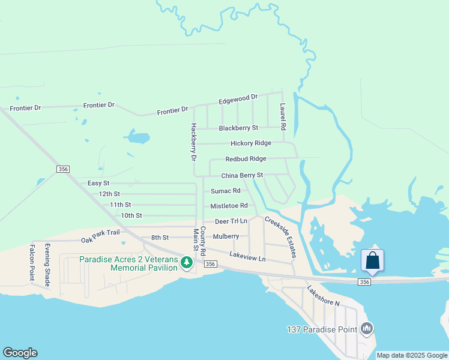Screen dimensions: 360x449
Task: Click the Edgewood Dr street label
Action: pos(238,97)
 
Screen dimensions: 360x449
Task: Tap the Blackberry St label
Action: pos(238,128)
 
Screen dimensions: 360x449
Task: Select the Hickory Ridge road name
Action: pos(251,143)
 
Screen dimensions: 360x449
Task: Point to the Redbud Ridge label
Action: pos(246,159)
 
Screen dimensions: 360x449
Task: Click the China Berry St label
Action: pos(242,175)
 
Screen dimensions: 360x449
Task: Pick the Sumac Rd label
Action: pos(225,191)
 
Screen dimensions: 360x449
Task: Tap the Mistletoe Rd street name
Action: pos(229,206)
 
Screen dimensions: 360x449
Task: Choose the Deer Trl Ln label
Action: pos(231,221)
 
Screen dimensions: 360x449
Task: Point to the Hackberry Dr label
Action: pos(193,143)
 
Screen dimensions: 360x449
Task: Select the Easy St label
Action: pos(98,183)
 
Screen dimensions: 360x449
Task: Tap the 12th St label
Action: pos(109,194)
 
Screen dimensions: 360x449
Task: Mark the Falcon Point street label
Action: pos(32,262)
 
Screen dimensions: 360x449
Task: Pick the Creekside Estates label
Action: pos(280,237)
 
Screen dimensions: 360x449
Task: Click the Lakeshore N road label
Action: pos(324,296)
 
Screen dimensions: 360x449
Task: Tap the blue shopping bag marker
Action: pos(372,261)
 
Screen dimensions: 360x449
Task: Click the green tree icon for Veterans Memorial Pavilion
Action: pos(187,262)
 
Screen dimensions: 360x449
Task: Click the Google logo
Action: pos(20,353)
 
